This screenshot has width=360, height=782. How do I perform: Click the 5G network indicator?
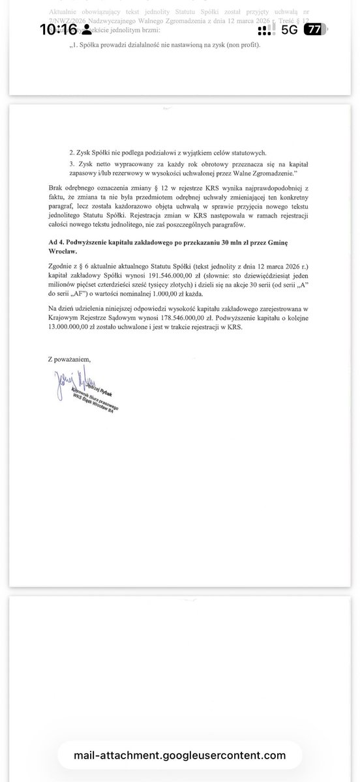click(x=290, y=29)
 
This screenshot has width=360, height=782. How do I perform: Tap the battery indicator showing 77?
click(x=314, y=29)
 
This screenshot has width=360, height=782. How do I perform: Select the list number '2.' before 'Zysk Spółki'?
click(x=72, y=152)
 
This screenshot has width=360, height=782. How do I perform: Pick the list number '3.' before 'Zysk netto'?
click(x=72, y=165)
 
